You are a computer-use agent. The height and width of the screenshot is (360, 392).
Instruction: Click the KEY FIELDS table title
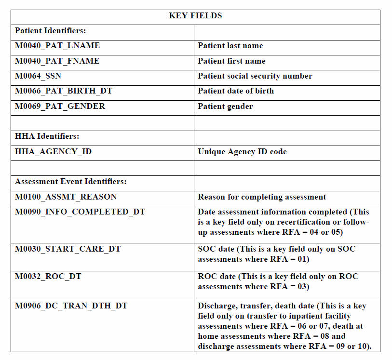tap(195, 16)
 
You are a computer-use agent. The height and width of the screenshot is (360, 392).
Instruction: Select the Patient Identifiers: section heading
tap(51, 31)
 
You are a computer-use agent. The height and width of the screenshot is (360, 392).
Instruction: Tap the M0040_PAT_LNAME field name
tap(57, 46)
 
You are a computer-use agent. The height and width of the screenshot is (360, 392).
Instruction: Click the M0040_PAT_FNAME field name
tap(57, 61)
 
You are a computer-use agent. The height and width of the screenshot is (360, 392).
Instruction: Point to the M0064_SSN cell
tap(39, 76)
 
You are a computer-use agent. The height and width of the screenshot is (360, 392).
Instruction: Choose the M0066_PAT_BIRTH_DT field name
tap(64, 91)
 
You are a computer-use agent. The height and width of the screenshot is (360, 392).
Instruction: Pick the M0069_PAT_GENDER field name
tap(60, 107)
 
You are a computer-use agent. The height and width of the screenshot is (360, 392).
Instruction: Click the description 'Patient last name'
tap(230, 46)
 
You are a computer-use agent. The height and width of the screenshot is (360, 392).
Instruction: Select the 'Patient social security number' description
tap(255, 76)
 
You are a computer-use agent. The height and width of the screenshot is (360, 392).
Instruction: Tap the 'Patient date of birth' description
tap(236, 91)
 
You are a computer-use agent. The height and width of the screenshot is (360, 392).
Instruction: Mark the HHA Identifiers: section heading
tap(47, 136)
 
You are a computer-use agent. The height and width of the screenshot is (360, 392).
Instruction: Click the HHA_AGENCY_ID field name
tap(54, 152)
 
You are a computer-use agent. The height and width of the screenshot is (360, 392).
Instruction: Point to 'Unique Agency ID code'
tap(242, 152)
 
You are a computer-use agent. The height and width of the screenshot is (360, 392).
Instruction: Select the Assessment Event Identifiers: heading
tap(71, 182)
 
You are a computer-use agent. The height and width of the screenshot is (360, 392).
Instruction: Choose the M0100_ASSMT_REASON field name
tap(66, 197)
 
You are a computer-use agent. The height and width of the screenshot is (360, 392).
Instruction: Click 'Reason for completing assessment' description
tap(262, 197)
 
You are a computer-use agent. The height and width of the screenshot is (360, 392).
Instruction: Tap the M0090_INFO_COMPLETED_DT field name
tap(80, 212)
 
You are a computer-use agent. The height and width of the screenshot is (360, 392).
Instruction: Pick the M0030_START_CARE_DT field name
tap(68, 249)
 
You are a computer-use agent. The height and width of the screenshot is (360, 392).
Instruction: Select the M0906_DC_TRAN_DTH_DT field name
tap(71, 306)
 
